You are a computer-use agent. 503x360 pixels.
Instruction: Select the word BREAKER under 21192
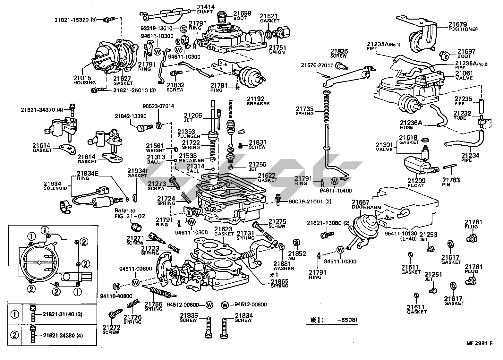[258, 104]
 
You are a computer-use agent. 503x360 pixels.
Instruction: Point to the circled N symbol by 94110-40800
[117, 286]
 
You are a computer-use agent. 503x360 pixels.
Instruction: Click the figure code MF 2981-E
[480, 344]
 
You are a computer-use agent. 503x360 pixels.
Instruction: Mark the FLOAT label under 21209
[416, 185]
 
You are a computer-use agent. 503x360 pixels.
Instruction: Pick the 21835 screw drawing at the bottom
[209, 327]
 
